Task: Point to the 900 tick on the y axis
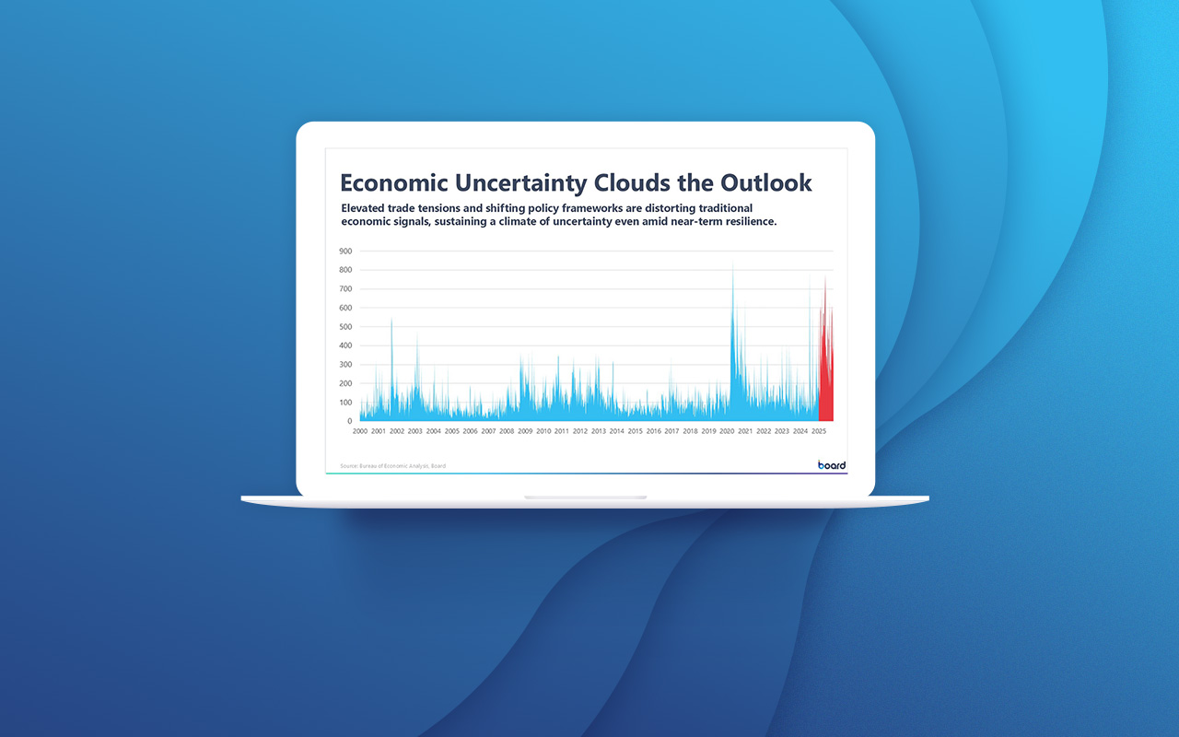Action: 345,251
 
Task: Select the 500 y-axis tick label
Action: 345,327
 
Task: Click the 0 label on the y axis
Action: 349,421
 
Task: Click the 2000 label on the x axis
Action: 360,431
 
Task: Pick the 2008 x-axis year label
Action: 507,431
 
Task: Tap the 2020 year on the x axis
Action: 727,431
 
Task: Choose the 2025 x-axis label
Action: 819,431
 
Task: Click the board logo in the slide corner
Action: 832,465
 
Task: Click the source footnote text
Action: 392,466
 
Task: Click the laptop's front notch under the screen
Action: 586,497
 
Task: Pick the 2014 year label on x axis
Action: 616,431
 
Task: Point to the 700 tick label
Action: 345,288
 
